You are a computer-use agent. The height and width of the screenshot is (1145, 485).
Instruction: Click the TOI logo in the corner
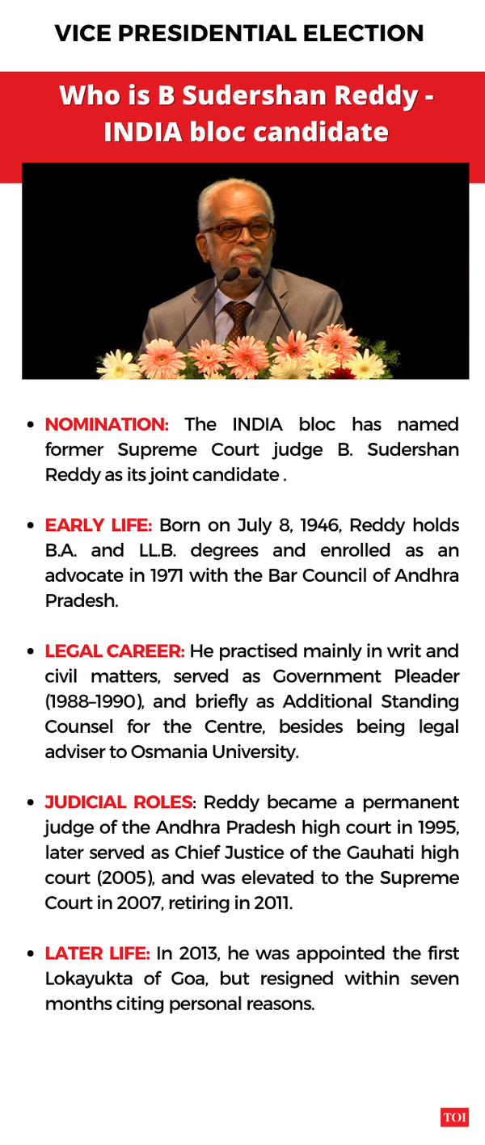[454, 1118]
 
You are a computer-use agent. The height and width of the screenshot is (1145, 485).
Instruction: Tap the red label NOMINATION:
[107, 425]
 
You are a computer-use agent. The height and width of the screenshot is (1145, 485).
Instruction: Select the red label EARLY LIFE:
[98, 525]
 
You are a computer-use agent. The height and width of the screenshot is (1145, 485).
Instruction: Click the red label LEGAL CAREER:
[115, 651]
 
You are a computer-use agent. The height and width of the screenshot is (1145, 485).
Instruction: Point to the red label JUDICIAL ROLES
[119, 802]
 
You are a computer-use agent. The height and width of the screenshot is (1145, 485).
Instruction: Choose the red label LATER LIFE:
[97, 953]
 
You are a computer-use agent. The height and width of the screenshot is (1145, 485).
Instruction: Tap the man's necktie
[238, 318]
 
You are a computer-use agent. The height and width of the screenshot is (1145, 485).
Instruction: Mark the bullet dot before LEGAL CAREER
[31, 651]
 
